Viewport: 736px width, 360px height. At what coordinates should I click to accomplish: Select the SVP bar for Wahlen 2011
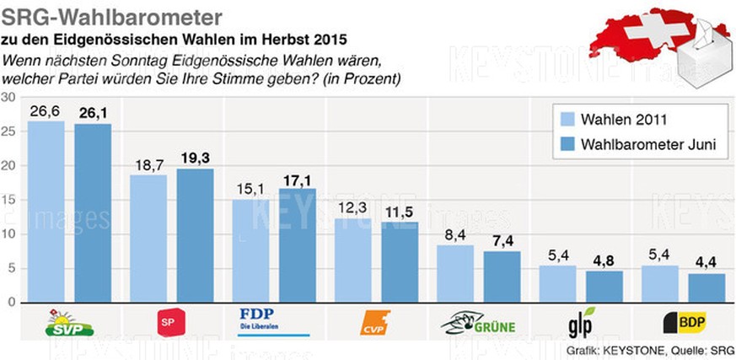click(46, 211)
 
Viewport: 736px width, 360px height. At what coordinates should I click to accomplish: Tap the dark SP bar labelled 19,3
click(195, 235)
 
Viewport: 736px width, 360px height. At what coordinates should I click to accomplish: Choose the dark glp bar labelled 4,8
click(605, 286)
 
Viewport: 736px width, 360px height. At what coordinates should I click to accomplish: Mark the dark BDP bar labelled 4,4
click(706, 287)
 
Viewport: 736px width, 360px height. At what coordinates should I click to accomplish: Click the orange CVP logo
click(376, 322)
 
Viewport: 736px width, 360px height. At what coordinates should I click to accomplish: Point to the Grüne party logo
click(478, 322)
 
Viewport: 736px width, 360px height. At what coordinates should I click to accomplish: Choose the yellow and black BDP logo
click(684, 321)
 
